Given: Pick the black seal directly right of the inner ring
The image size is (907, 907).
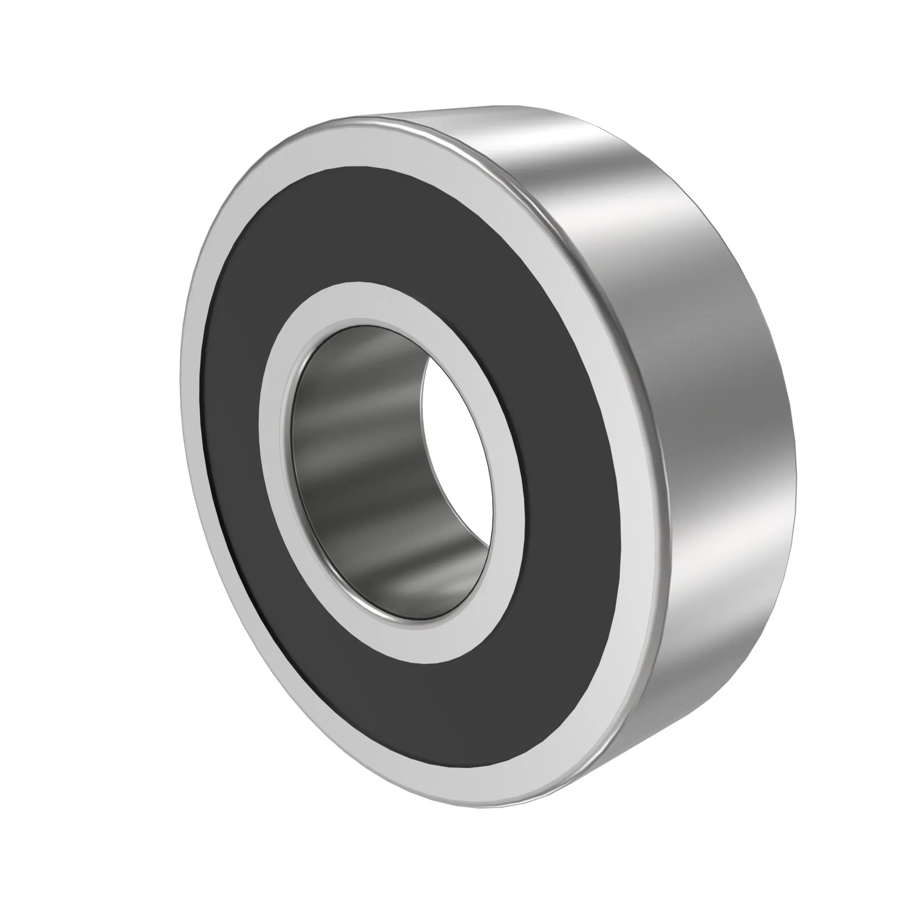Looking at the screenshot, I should click(x=563, y=493).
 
